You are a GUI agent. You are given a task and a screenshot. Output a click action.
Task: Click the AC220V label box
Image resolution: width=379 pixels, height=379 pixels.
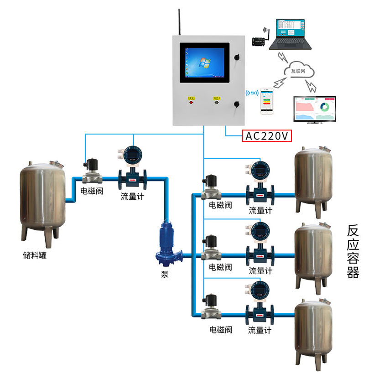click(x=267, y=136)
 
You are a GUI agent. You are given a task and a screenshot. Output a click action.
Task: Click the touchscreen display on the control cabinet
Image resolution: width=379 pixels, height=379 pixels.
click(x=204, y=63)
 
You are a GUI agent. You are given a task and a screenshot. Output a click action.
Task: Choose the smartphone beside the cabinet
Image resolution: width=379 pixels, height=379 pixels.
click(x=267, y=101)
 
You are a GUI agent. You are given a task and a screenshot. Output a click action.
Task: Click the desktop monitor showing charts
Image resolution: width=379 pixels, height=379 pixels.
click(x=314, y=109)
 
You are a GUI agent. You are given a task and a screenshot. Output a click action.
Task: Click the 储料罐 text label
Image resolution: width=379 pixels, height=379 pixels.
click(x=35, y=254)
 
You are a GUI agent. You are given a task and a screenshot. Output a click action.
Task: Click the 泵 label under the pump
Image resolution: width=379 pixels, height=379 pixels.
click(x=165, y=275)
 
